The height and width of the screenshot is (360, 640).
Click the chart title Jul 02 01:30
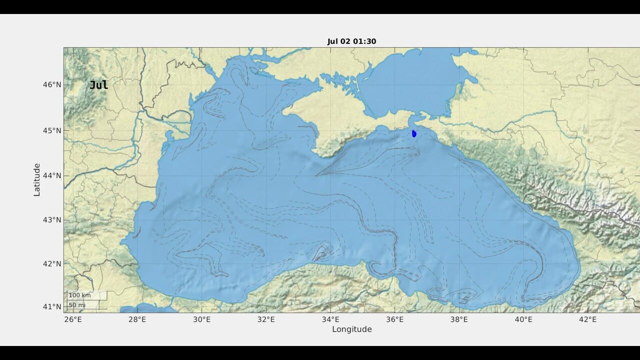[351, 41]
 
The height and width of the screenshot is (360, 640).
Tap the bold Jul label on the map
[98, 85]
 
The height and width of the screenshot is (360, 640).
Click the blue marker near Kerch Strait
[414, 133]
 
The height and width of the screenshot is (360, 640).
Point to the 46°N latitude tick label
[51, 84]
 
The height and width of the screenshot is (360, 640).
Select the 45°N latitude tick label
[51, 130]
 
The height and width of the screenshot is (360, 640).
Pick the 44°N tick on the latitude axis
[51, 175]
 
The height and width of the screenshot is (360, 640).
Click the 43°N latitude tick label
[51, 219]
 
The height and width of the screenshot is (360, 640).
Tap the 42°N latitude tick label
[51, 263]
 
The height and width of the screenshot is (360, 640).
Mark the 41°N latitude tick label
[51, 306]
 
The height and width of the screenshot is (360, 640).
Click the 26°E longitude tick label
[73, 319]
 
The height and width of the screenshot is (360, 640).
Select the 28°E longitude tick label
[137, 319]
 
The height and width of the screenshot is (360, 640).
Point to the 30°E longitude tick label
[201, 319]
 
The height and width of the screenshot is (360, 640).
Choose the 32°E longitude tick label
[266, 319]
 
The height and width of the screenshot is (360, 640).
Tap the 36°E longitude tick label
[394, 319]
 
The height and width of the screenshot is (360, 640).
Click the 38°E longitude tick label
[459, 319]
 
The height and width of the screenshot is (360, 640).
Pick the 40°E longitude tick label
[523, 319]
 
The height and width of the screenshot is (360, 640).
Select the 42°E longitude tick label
[587, 319]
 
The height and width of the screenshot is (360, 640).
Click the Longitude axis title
[351, 329]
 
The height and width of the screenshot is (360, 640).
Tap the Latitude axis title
[37, 179]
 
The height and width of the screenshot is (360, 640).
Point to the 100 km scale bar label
[79, 295]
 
